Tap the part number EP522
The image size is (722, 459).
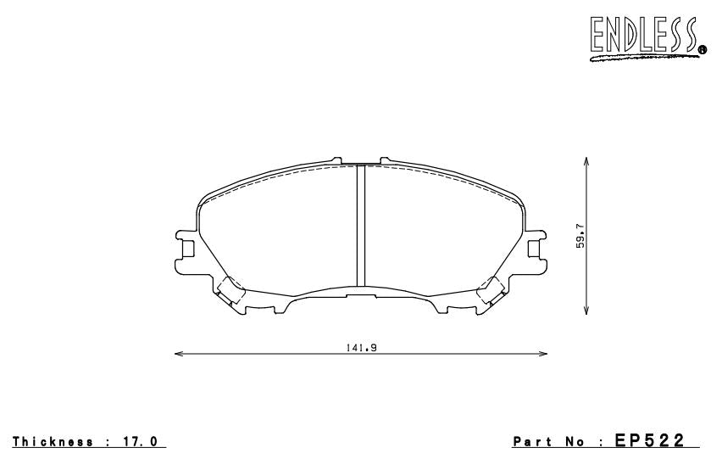pyautogui.click(x=657, y=441)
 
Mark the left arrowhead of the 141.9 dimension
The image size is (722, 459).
pyautogui.click(x=177, y=354)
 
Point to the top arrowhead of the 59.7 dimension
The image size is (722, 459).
pyautogui.click(x=587, y=160)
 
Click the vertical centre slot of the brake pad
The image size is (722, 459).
pyautogui.click(x=360, y=226)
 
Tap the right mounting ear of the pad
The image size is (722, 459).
pyautogui.click(x=535, y=249)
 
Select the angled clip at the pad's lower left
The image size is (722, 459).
pyautogui.click(x=230, y=292)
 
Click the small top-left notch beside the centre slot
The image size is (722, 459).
pyautogui.click(x=337, y=160)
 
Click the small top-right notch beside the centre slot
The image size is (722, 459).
pyautogui.click(x=383, y=160)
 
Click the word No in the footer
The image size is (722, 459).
pyautogui.click(x=578, y=442)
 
